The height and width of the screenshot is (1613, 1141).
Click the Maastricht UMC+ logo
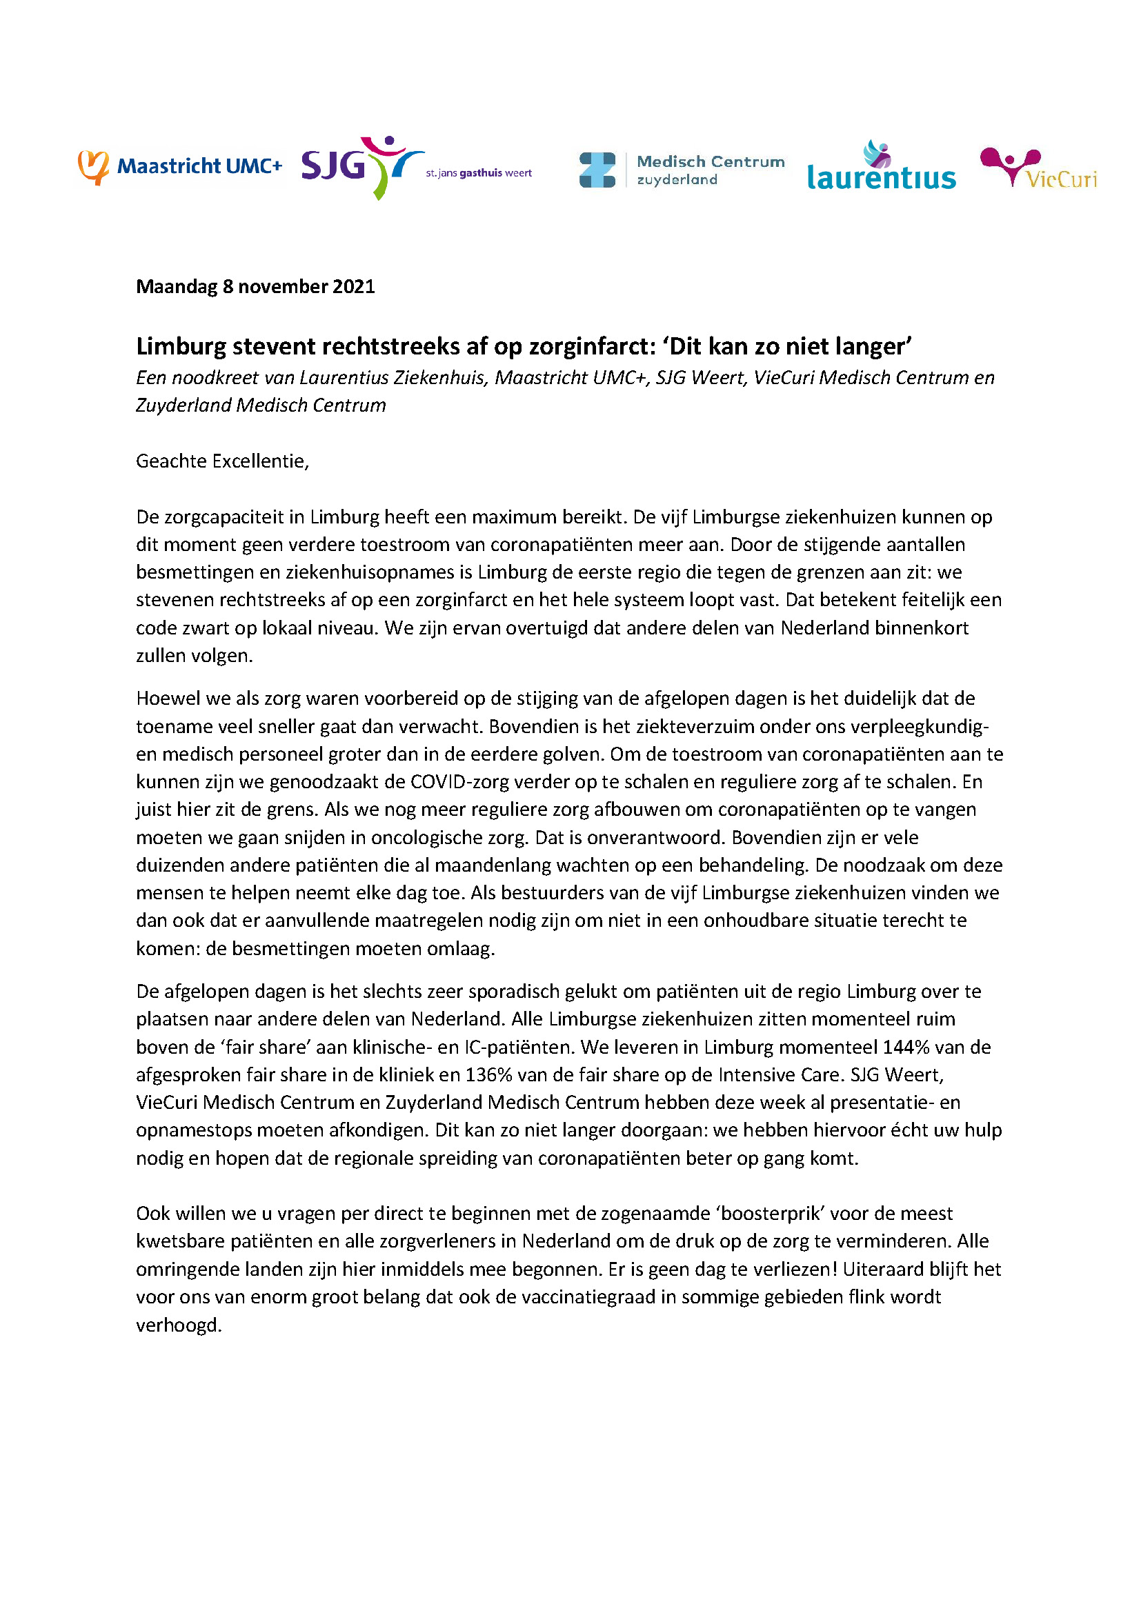click(180, 166)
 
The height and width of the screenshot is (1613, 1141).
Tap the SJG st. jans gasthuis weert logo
click(416, 168)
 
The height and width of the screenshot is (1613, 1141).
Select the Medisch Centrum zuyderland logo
click(682, 170)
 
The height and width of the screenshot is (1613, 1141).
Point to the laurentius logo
click(881, 168)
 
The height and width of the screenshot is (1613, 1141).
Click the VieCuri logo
click(1038, 168)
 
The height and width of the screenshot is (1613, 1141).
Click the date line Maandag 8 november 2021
click(255, 287)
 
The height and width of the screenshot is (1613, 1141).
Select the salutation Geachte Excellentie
click(222, 461)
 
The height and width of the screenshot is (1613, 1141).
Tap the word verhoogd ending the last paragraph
click(179, 1325)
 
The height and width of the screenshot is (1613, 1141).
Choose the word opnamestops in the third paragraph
click(196, 1130)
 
